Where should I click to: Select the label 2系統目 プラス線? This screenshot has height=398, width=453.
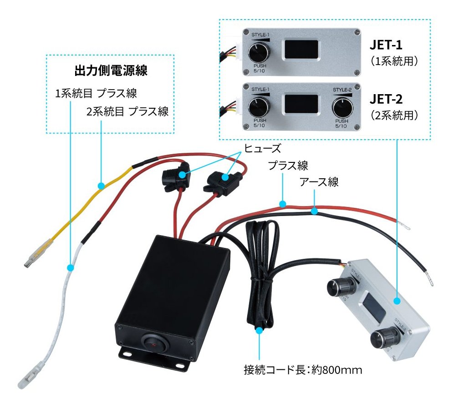coord(127,111)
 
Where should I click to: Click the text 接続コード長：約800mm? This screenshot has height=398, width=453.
coord(303,370)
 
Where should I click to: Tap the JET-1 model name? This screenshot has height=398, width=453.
coord(386,45)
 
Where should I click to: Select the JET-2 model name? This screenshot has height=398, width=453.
coord(386,99)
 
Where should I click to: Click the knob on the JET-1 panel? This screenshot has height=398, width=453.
coord(258,54)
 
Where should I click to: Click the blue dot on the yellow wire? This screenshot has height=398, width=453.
coord(101,185)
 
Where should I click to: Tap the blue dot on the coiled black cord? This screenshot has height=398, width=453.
coord(260,331)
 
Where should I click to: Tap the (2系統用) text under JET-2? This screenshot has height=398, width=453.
coord(393,115)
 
